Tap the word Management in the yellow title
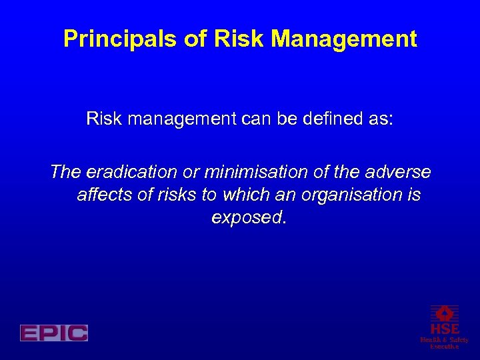click(345, 39)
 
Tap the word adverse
click(399, 173)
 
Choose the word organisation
click(347, 195)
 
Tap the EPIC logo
click(54, 333)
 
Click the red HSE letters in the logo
click(444, 329)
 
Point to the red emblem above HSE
click(444, 313)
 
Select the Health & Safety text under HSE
click(444, 340)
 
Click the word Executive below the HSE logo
click(444, 347)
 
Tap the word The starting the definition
click(65, 173)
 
